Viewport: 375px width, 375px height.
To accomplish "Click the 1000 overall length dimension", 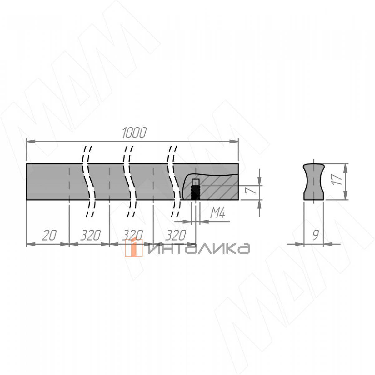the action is pyautogui.click(x=134, y=133).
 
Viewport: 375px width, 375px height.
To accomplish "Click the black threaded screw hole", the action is pyautogui.click(x=195, y=192).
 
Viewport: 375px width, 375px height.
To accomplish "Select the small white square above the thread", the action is pyautogui.click(x=195, y=182).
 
